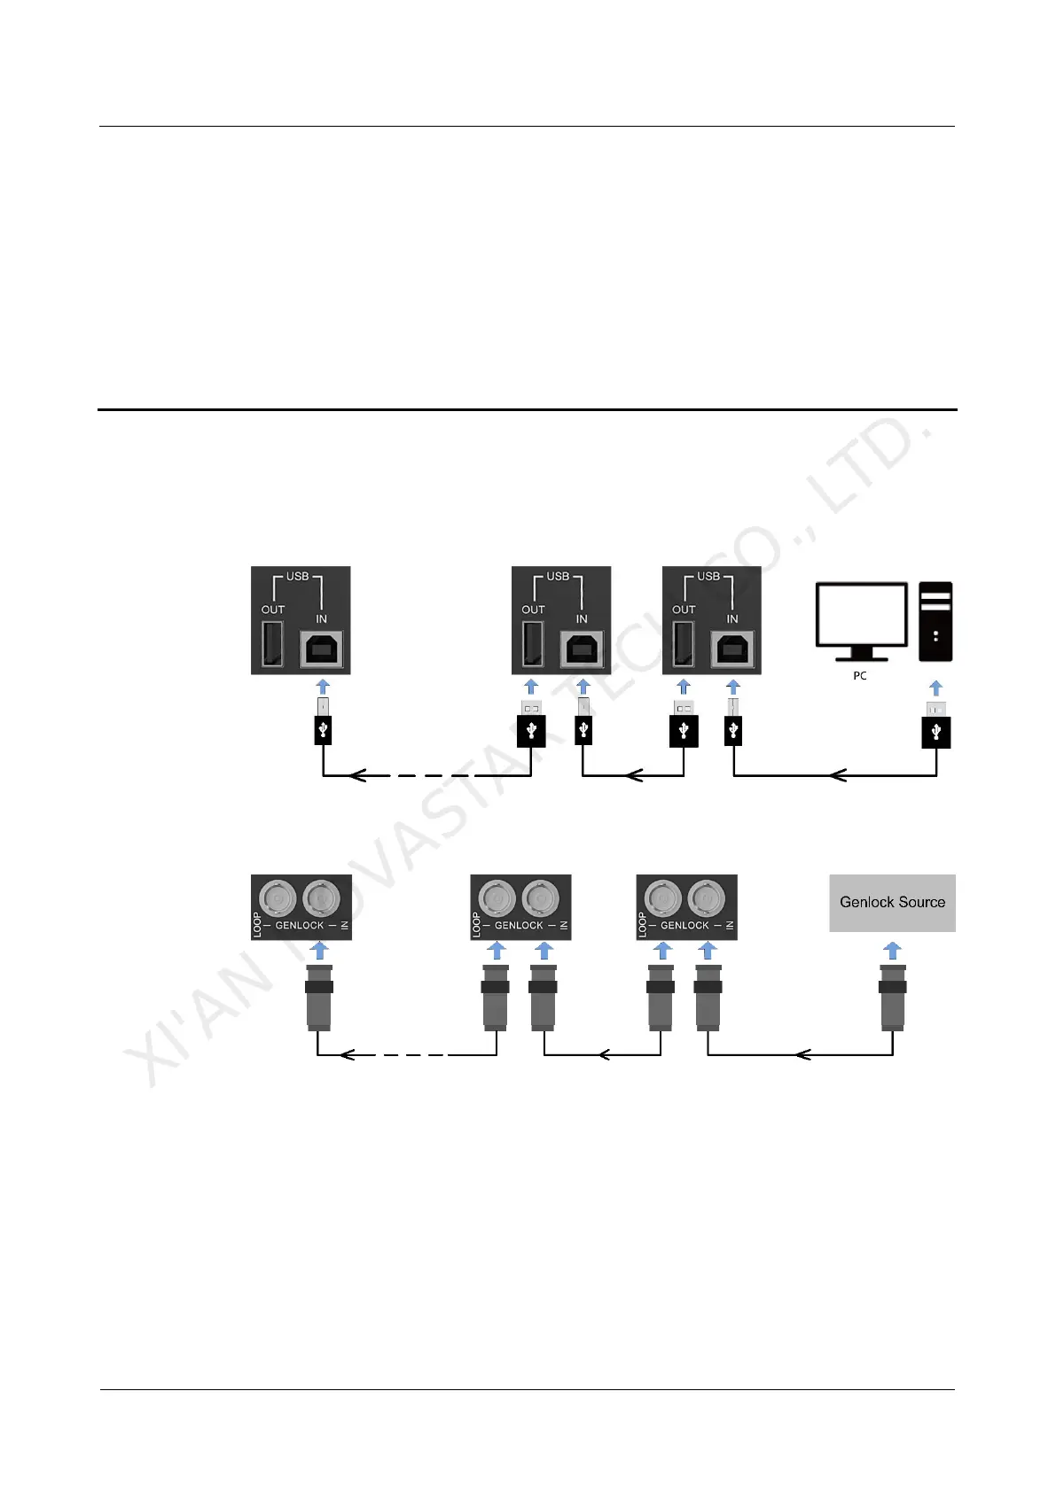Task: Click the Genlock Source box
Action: click(892, 903)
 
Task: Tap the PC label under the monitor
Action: click(859, 675)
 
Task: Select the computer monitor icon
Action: click(861, 620)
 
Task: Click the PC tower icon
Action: click(935, 621)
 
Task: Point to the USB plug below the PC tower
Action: click(936, 726)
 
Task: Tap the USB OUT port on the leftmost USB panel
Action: click(273, 644)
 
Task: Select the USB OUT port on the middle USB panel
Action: click(533, 644)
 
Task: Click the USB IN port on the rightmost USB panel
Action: click(731, 649)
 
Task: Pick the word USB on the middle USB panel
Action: click(558, 576)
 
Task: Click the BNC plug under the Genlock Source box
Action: click(893, 997)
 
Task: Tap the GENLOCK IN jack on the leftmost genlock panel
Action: click(320, 898)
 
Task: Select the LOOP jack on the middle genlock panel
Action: click(496, 898)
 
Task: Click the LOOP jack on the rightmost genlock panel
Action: click(661, 898)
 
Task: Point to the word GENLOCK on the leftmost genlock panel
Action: click(300, 926)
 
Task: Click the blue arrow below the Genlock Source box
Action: click(893, 951)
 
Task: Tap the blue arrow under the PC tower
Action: click(936, 688)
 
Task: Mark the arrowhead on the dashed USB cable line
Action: click(357, 776)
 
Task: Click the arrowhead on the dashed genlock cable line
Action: click(348, 1054)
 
